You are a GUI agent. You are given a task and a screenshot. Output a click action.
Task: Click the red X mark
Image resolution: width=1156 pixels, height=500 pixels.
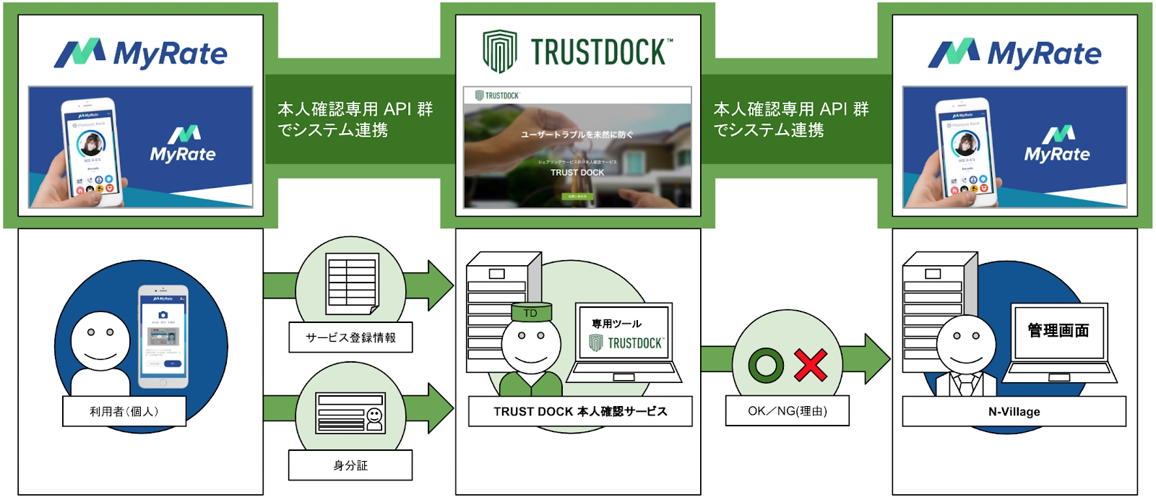click(811, 365)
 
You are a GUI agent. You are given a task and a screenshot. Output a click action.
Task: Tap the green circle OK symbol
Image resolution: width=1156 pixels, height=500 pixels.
click(766, 365)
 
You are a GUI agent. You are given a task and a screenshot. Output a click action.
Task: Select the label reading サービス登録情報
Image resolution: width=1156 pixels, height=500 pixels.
click(350, 337)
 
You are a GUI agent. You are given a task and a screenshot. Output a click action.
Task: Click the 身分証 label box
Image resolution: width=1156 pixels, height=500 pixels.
click(350, 465)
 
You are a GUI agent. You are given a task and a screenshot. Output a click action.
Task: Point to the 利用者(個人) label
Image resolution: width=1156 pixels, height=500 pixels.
click(124, 411)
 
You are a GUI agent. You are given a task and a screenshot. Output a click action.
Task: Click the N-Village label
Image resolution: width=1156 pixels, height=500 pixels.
click(1014, 411)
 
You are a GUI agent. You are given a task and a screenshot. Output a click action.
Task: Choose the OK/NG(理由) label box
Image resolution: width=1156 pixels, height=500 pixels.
click(787, 411)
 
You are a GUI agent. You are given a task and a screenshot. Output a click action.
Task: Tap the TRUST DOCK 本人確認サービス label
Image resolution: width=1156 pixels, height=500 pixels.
click(580, 411)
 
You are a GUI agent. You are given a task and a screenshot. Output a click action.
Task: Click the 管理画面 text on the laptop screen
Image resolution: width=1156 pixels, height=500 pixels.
click(1058, 331)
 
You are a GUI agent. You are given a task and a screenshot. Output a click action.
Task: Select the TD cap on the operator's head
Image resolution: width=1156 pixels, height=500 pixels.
click(531, 313)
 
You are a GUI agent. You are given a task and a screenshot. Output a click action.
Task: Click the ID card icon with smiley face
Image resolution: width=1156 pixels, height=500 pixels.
click(350, 413)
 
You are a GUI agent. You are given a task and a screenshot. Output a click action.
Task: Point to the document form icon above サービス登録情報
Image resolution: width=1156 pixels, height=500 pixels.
click(352, 284)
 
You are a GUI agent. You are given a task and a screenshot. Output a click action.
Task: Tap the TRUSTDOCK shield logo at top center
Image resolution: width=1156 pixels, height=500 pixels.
click(500, 51)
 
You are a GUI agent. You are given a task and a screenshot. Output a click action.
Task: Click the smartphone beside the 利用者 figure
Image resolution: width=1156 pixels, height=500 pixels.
click(163, 336)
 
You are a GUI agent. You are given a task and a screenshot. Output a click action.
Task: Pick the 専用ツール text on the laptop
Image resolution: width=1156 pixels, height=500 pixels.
click(616, 324)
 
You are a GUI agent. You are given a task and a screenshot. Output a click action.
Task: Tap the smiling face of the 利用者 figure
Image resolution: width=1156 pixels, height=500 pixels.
click(100, 340)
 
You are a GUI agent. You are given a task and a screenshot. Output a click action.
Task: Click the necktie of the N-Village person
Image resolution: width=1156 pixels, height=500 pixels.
click(966, 384)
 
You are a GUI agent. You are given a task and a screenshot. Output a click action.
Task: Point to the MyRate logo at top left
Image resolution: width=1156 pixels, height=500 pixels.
click(141, 53)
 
